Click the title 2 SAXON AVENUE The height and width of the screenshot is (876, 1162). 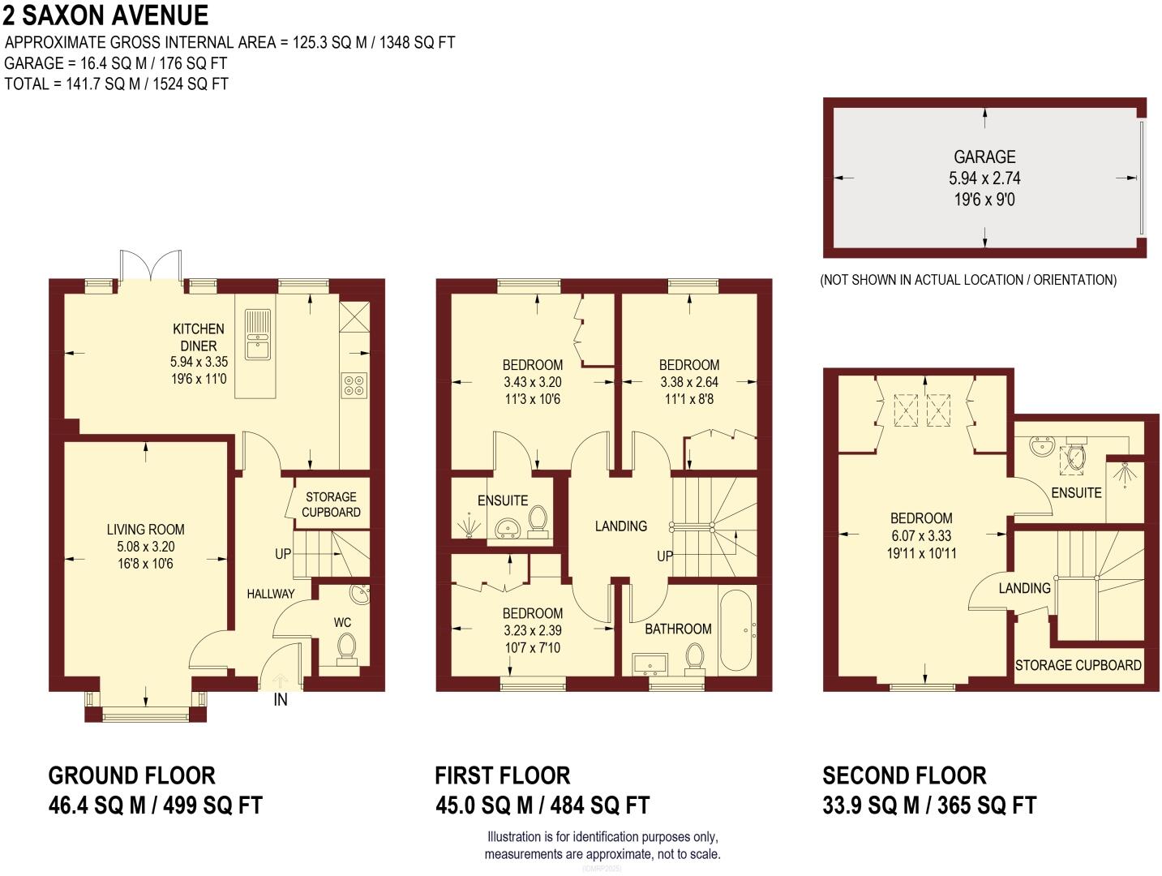pos(105,15)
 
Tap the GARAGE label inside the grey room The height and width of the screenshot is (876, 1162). pos(984,157)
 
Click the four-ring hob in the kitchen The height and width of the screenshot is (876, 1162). pos(354,384)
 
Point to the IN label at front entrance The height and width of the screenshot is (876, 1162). pos(280,699)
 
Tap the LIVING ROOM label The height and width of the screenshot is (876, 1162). pos(145,530)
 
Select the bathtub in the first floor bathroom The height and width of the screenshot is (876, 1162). pos(735,629)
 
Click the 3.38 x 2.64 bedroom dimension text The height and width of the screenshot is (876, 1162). pos(688,382)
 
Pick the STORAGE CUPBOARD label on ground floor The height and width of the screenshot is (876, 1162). pos(331,505)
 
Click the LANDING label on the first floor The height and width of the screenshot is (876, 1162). pos(620,526)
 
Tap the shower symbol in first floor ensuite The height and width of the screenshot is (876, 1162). pos(470,527)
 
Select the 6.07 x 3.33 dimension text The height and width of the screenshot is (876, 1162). pos(920,535)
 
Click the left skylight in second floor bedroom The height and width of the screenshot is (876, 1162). pos(903,408)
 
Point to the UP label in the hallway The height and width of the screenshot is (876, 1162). pos(282,554)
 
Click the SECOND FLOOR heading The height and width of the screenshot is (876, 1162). pos(904,775)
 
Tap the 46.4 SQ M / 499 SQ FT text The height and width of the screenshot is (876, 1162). pos(156,805)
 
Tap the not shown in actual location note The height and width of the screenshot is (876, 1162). pos(968,280)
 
